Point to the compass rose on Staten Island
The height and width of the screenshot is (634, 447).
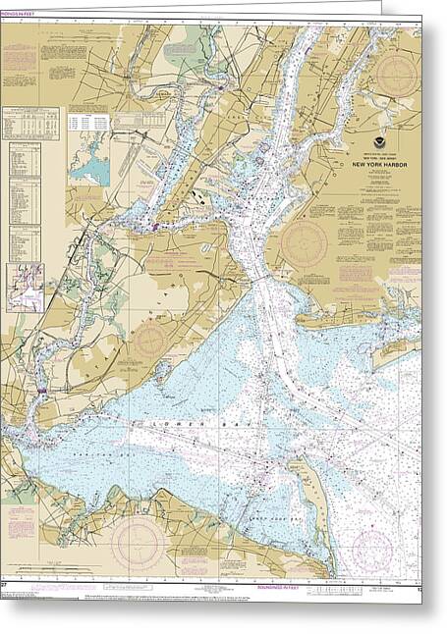click(x=150, y=341)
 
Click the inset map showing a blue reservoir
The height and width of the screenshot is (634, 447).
click(x=89, y=163)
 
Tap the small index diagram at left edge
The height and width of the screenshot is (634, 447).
click(x=25, y=288)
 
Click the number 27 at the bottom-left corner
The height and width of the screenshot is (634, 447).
click(x=6, y=589)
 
